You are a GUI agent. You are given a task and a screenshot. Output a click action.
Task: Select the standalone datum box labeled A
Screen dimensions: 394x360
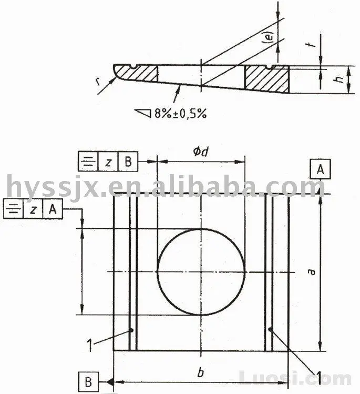click(x=321, y=169)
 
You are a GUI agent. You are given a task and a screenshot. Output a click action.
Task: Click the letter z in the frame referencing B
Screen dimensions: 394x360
click(x=108, y=162)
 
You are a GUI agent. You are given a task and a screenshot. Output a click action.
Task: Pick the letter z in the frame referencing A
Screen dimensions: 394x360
click(x=33, y=209)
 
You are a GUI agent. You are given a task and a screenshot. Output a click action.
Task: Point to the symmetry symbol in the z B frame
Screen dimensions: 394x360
click(x=88, y=162)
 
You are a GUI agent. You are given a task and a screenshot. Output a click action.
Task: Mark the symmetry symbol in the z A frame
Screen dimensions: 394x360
click(x=13, y=209)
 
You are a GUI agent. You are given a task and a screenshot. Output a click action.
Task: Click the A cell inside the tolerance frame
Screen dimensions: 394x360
click(x=52, y=209)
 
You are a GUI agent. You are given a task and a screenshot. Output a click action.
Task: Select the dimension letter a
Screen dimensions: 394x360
click(x=311, y=272)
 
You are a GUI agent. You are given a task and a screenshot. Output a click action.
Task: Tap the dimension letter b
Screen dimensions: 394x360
click(x=200, y=372)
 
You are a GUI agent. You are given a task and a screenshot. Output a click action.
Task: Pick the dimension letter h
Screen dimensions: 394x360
click(x=340, y=80)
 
